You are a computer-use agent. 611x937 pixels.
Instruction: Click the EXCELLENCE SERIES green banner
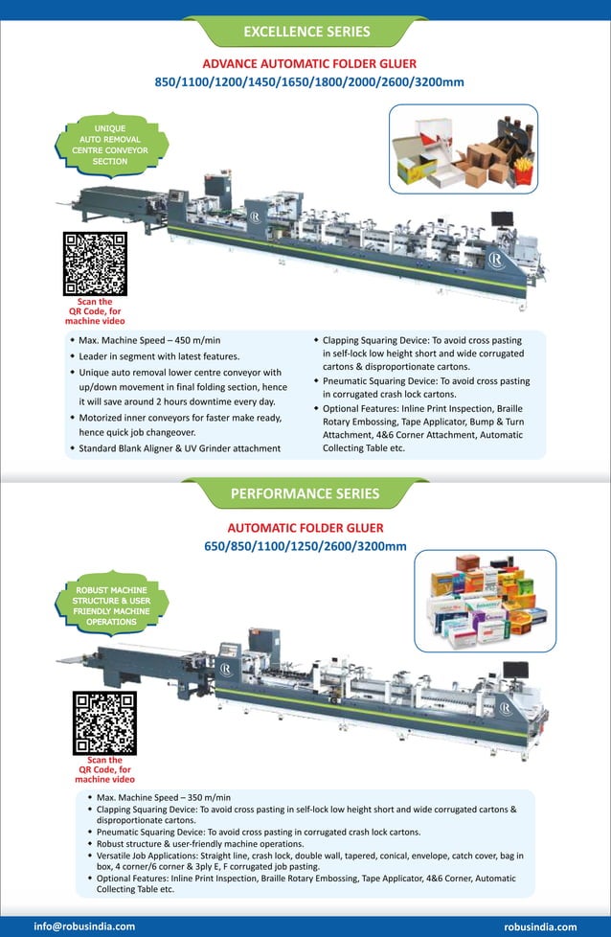pos(306,32)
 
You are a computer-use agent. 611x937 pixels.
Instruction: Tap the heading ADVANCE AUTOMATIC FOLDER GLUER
pos(308,63)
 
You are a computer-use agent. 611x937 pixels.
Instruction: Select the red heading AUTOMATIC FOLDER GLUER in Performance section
pos(305,528)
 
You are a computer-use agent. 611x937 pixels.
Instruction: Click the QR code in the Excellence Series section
pos(95,263)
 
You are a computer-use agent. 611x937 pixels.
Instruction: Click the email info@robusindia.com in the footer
pos(84,926)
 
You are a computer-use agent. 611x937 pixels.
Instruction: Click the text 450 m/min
pos(197,340)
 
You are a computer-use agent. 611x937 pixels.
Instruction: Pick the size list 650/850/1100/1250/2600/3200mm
pos(305,547)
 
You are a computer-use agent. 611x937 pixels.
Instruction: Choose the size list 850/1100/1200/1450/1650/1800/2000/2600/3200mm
pos(308,82)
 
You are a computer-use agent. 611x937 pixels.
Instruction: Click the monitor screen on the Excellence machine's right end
pos(502,219)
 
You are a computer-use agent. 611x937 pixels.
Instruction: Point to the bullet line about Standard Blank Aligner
pos(180,448)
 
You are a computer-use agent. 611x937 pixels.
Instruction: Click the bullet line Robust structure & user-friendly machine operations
pos(200,844)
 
